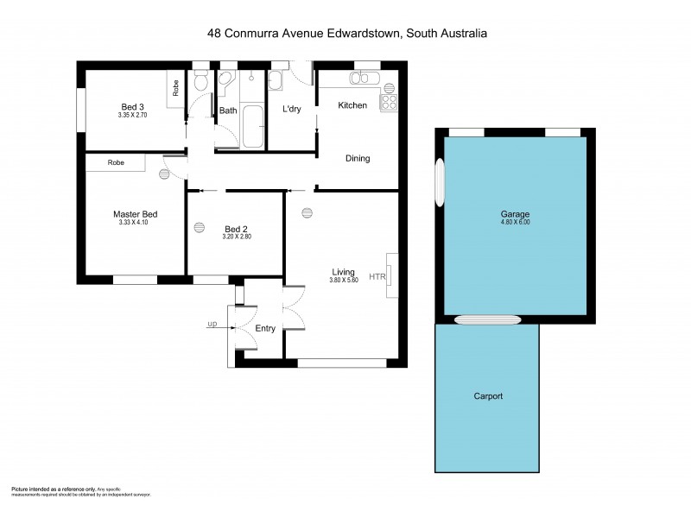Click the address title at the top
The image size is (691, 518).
click(347, 34)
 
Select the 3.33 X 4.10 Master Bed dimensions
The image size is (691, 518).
click(134, 223)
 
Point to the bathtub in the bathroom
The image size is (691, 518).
click(254, 128)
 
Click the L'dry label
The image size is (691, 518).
click(290, 110)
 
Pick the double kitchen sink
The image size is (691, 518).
click(360, 79)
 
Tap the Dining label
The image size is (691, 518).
click(358, 158)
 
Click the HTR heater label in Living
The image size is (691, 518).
click(377, 277)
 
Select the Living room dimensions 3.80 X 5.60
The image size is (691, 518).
click(344, 280)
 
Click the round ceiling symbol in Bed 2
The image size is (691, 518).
click(200, 228)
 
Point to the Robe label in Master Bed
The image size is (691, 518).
click(115, 162)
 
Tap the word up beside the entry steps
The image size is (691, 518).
click(212, 325)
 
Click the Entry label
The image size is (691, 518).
click(265, 328)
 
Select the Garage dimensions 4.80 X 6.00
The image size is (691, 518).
click(515, 222)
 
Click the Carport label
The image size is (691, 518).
click(488, 396)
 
